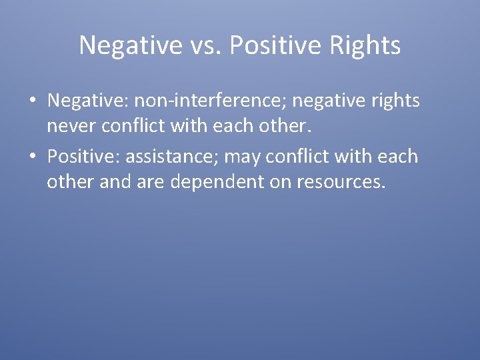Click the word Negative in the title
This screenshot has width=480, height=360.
click(129, 45)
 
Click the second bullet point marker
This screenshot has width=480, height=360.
click(33, 157)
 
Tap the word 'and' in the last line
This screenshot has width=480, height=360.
click(115, 181)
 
